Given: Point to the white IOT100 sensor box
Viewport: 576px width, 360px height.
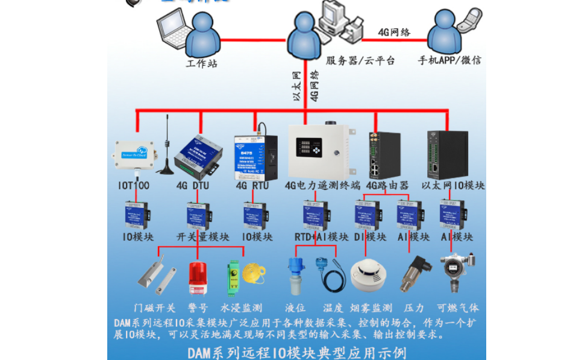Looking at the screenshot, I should pyautogui.click(x=133, y=154).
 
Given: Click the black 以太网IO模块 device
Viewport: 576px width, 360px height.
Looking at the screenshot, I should pyautogui.click(x=446, y=154).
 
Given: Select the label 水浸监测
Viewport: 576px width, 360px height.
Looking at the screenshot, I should pyautogui.click(x=240, y=308).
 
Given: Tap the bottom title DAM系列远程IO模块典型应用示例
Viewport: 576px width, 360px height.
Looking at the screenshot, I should pyautogui.click(x=296, y=351).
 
